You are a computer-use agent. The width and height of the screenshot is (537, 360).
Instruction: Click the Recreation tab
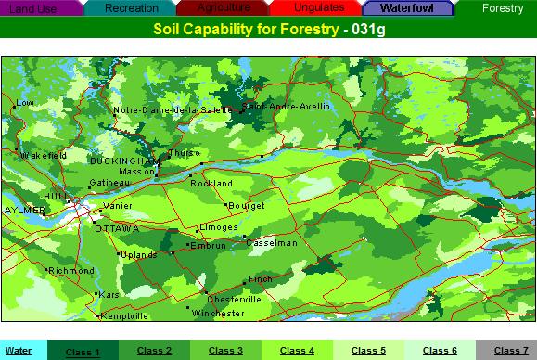point(132,7)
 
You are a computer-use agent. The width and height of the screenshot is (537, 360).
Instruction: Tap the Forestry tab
point(501,7)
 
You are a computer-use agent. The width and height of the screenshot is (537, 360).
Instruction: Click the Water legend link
point(18,351)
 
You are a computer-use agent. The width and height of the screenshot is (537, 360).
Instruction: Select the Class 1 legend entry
point(83,352)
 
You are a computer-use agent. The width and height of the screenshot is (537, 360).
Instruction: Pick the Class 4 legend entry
point(298,351)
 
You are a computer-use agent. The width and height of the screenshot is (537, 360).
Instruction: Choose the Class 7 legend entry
point(511,351)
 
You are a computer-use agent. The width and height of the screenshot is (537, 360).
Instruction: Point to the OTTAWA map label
point(117,228)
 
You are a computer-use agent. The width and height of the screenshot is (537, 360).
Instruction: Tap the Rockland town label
point(211,184)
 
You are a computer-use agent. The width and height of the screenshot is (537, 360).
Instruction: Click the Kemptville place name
point(124,316)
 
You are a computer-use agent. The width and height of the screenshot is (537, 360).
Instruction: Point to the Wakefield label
point(44,155)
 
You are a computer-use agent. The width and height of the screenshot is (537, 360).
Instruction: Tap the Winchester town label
point(217,315)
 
